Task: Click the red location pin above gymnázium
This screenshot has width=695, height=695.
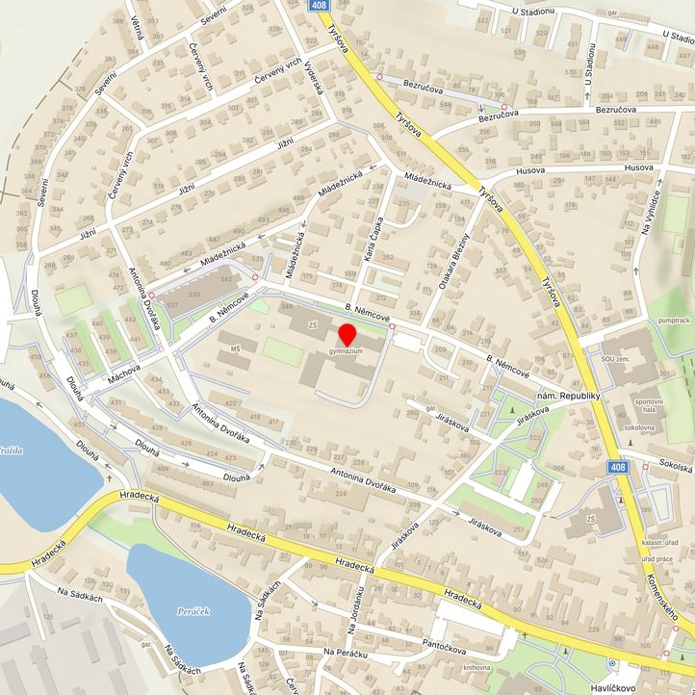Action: (347, 336)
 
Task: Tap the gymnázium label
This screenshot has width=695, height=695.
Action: (346, 352)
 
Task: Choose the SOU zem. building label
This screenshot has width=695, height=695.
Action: (614, 358)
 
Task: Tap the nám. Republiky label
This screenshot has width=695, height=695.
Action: (568, 397)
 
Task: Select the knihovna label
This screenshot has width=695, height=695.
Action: (476, 667)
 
